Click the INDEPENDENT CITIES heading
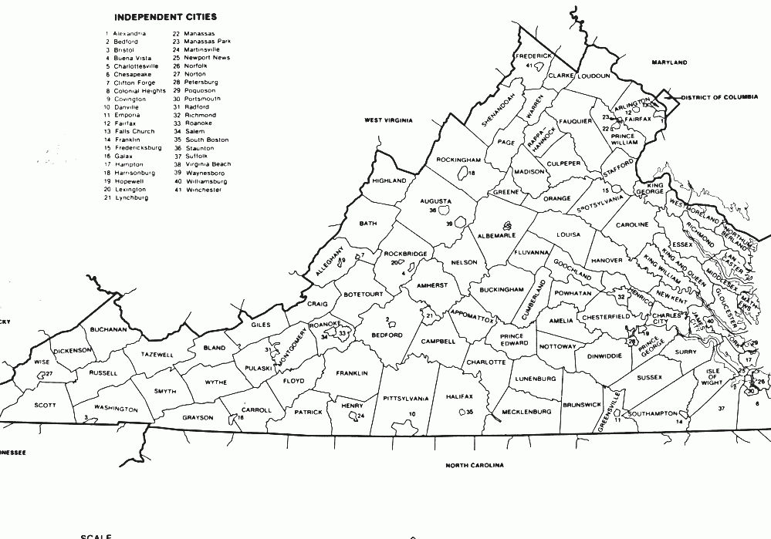(x=165, y=15)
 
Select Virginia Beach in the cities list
(x=208, y=164)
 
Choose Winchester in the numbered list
(x=203, y=189)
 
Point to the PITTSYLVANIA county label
(x=406, y=399)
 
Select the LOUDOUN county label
(x=594, y=76)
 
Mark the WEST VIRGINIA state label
(x=388, y=121)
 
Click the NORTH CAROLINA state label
(x=475, y=466)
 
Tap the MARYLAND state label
(x=669, y=62)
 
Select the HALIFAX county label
(x=458, y=396)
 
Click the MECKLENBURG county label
(x=526, y=412)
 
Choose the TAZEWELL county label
(x=157, y=355)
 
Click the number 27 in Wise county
(x=48, y=374)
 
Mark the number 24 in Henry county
(x=360, y=416)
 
